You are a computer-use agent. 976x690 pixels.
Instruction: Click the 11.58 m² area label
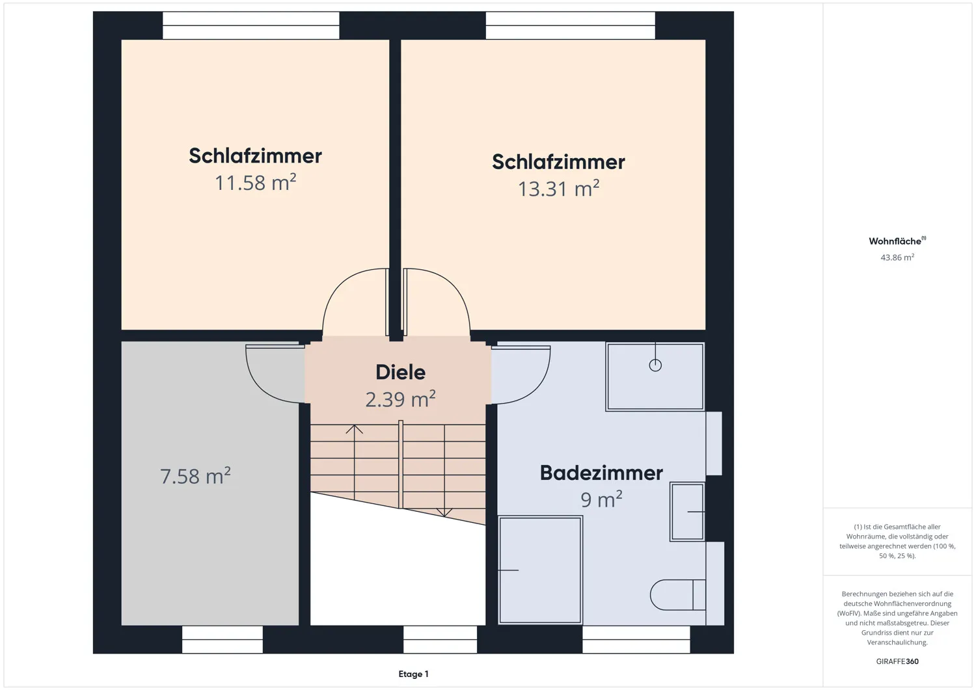click(255, 183)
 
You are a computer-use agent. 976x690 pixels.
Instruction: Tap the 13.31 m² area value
click(558, 189)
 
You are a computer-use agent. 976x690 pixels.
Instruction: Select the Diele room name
click(400, 372)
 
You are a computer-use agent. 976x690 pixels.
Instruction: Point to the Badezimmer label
click(601, 473)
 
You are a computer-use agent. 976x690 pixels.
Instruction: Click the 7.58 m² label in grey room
click(195, 476)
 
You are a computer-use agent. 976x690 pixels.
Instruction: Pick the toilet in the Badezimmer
click(677, 594)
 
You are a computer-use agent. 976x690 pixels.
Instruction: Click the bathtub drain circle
click(655, 365)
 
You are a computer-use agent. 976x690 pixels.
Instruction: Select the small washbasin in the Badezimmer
click(687, 512)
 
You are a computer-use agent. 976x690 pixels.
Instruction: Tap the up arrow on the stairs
click(354, 430)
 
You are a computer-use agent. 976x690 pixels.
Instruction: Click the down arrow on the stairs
click(444, 512)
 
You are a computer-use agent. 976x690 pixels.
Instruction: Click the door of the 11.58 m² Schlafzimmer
click(355, 302)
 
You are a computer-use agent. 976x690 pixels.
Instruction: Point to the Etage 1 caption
click(413, 674)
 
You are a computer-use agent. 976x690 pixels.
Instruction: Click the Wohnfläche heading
click(896, 241)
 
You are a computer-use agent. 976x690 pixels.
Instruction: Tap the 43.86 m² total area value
click(897, 258)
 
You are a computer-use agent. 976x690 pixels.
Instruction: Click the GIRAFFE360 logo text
click(897, 661)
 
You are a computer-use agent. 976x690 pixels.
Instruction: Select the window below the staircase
click(440, 639)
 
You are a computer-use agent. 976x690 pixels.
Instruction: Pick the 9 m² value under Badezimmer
click(601, 500)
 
